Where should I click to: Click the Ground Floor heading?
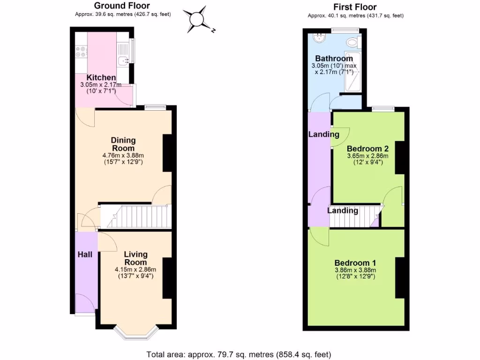pyautogui.click(x=122, y=6)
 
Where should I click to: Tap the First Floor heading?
pyautogui.click(x=355, y=7)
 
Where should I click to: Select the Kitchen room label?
pyautogui.click(x=101, y=77)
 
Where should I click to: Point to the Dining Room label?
pyautogui.click(x=123, y=144)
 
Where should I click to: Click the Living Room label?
pyautogui.click(x=135, y=258)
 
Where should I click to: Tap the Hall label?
pyautogui.click(x=85, y=255)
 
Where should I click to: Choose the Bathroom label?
pyautogui.click(x=334, y=59)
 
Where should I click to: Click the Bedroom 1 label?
pyautogui.click(x=355, y=262)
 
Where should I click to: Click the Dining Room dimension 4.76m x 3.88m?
pyautogui.click(x=123, y=155)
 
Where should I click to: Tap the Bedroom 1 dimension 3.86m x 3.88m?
pyautogui.click(x=355, y=270)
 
